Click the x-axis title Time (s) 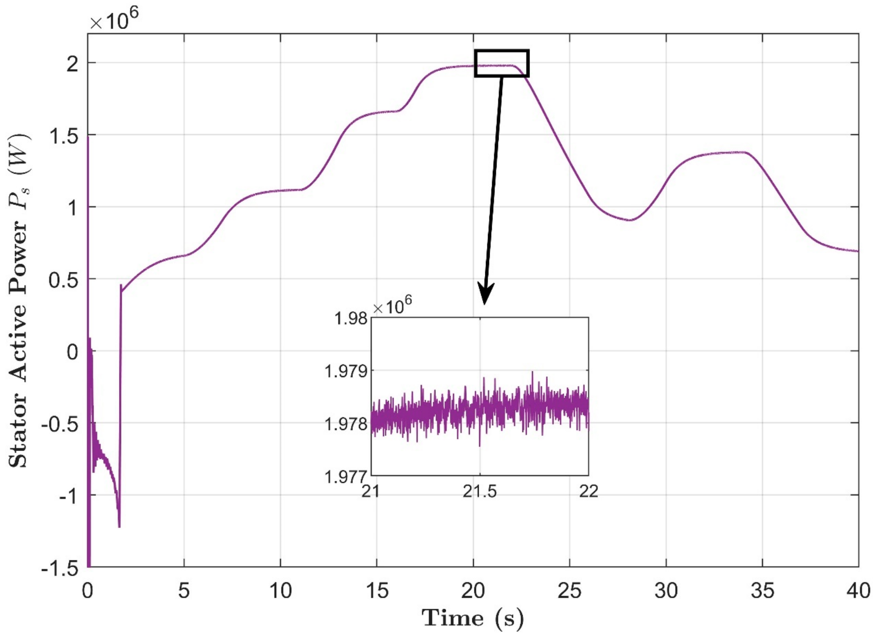(x=473, y=618)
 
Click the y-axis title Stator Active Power (x=19, y=301)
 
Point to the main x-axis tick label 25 (x=569, y=591)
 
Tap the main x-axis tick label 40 (x=858, y=591)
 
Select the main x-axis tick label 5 (x=184, y=591)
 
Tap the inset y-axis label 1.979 (x=346, y=371)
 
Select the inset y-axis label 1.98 (x=351, y=319)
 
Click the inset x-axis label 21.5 (x=480, y=492)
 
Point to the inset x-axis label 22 (x=588, y=492)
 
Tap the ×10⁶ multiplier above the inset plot (x=392, y=307)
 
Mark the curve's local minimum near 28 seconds (x=630, y=220)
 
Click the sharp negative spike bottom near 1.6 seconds (x=119, y=526)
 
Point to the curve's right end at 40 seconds (x=857, y=251)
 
